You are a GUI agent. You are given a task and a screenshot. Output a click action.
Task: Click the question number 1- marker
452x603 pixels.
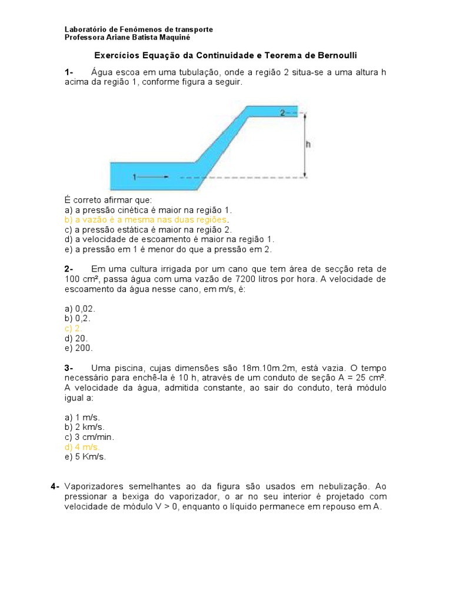(69, 72)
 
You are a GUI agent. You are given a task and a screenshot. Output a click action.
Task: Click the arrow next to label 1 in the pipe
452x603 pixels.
(154, 176)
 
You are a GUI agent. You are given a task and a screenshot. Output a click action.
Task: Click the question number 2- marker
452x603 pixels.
(69, 269)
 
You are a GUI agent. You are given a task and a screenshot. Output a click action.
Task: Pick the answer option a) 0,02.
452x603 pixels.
(80, 309)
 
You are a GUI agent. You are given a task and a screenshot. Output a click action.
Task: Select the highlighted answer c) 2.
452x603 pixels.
(73, 329)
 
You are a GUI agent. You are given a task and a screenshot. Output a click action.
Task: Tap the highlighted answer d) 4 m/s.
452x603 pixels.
(82, 447)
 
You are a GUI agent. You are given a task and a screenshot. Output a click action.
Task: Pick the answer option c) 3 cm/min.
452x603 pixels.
(90, 437)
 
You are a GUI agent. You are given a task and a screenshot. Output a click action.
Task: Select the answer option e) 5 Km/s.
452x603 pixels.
(85, 457)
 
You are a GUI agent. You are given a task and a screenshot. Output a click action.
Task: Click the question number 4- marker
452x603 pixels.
(55, 486)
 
